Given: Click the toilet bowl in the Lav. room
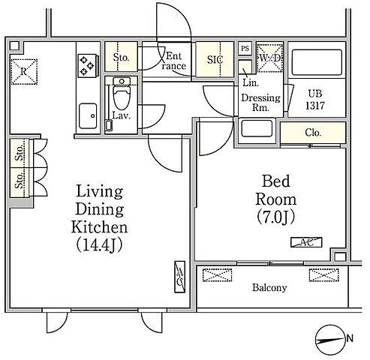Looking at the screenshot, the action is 122,97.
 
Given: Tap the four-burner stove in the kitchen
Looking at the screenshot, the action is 87,66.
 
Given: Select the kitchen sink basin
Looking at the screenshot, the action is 88,115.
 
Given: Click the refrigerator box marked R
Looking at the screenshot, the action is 24,72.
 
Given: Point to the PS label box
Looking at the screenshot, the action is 245,48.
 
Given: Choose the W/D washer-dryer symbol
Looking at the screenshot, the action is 269,58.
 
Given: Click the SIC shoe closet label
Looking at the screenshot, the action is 215,59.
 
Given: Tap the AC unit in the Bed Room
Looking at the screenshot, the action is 306,242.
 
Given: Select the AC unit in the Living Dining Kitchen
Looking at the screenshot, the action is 179,277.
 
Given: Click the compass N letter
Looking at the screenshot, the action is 350,339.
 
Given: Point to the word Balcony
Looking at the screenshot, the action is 269,288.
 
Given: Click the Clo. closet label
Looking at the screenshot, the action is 313,133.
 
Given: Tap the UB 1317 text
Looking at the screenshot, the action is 315,100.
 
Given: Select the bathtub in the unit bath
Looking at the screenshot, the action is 317,62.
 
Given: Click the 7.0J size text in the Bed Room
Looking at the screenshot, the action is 275,217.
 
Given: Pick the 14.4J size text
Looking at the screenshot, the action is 99,244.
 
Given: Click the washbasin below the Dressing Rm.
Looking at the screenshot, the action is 257,128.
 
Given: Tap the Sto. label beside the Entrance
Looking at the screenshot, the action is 121,58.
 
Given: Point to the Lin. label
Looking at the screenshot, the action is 251,82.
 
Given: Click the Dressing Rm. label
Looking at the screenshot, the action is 260,103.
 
